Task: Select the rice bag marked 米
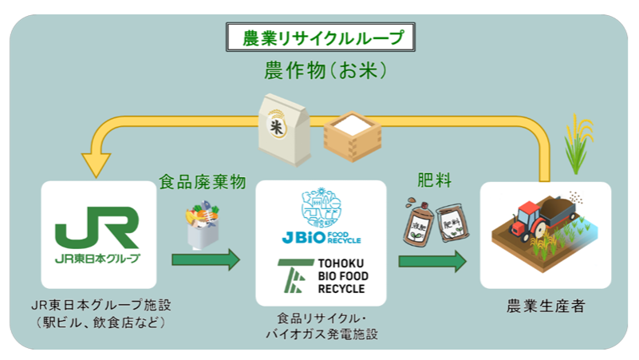(285, 129)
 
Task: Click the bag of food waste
(203, 225)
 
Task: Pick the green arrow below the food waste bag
(205, 259)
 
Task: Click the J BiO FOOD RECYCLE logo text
(321, 237)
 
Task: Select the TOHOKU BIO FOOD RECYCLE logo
(321, 276)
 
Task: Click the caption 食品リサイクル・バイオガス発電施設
(321, 326)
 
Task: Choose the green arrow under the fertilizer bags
(432, 259)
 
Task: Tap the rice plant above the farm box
(580, 144)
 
